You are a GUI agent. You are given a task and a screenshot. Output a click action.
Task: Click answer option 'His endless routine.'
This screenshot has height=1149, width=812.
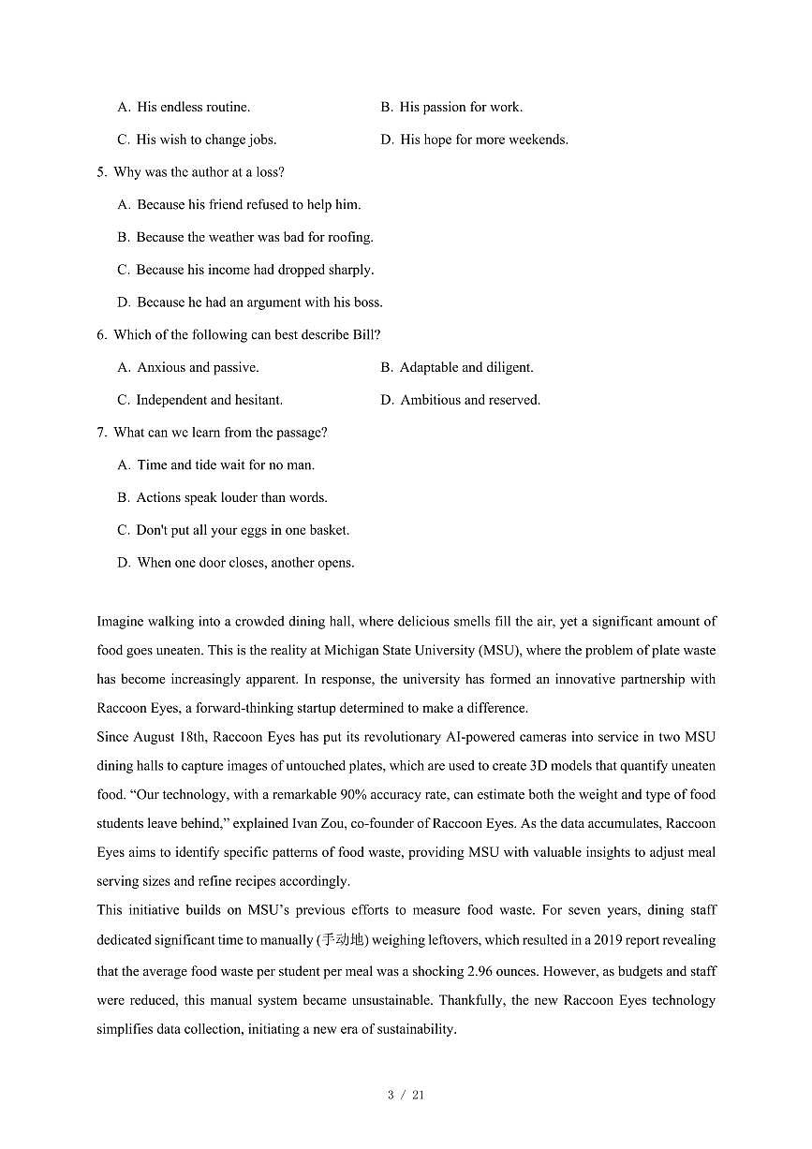pyautogui.click(x=193, y=107)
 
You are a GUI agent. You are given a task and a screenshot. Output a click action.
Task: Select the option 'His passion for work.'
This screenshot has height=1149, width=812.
pyautogui.click(x=461, y=107)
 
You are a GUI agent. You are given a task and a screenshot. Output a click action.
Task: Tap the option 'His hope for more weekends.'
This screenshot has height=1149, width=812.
pyautogui.click(x=483, y=140)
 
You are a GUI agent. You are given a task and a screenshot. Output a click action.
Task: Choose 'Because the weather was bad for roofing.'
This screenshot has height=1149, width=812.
pyautogui.click(x=255, y=237)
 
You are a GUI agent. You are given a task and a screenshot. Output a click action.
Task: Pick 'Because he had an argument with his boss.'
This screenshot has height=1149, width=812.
pyautogui.click(x=259, y=302)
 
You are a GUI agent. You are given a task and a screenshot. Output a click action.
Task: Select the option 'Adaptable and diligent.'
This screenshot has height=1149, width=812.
pyautogui.click(x=466, y=367)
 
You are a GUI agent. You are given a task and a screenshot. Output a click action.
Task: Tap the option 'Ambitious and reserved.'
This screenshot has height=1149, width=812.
pyautogui.click(x=470, y=400)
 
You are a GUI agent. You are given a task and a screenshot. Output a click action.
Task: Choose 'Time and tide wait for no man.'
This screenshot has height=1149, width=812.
pyautogui.click(x=226, y=465)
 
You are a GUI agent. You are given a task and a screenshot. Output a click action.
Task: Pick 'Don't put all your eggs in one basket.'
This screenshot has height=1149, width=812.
pyautogui.click(x=243, y=530)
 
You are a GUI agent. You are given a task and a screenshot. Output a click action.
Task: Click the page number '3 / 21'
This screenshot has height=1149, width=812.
pyautogui.click(x=406, y=1095)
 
